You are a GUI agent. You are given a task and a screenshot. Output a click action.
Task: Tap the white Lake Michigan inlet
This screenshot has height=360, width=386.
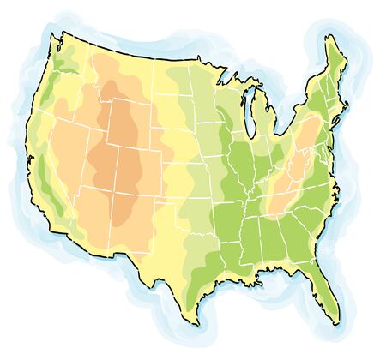click(246, 107)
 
